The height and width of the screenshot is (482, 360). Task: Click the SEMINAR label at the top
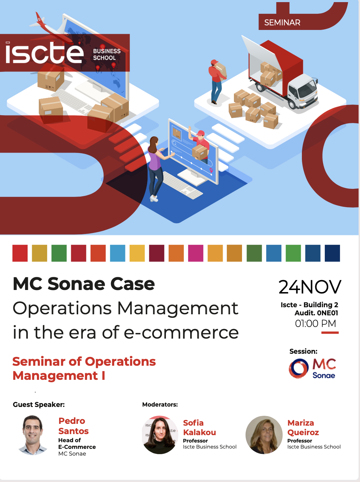(282, 23)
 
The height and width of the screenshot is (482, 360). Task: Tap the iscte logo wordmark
(44, 53)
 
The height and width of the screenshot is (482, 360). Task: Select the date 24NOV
(310, 287)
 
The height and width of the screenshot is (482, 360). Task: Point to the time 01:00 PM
(315, 323)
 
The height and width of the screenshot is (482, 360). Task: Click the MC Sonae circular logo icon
(299, 369)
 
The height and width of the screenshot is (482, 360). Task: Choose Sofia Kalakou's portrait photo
(160, 435)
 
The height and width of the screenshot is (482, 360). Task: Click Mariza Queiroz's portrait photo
(264, 435)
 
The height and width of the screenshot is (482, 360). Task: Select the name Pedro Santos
(73, 426)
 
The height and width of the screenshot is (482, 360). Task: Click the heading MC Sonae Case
(84, 284)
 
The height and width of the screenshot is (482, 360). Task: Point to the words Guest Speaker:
(39, 404)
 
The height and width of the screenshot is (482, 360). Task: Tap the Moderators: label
(160, 404)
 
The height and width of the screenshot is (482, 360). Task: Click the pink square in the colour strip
(195, 253)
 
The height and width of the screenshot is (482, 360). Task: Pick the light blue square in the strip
(118, 253)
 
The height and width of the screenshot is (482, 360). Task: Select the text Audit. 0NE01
(316, 313)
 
